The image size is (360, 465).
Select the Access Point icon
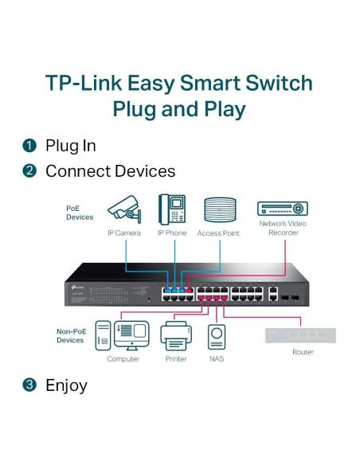[x=219, y=210]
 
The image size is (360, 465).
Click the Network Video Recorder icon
[x=281, y=209]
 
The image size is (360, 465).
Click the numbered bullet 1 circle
[x=28, y=146]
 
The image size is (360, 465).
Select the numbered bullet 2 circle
[x=28, y=171]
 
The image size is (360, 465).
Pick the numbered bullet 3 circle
[x=28, y=385]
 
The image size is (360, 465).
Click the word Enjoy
[x=66, y=385]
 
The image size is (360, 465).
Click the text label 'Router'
[x=303, y=351]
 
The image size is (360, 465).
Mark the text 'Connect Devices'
[x=111, y=171]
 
